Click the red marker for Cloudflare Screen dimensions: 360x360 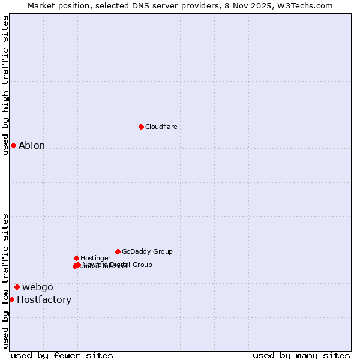(x=141, y=127)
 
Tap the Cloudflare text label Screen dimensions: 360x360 (x=161, y=127)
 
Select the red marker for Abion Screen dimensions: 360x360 (x=13, y=145)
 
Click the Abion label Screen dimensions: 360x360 (x=32, y=145)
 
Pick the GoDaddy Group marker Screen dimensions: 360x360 (x=118, y=251)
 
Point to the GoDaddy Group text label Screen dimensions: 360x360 (x=147, y=251)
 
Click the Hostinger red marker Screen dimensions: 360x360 (x=76, y=258)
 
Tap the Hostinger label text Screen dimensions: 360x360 (x=95, y=258)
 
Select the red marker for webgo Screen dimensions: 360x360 (x=17, y=287)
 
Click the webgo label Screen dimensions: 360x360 (x=38, y=287)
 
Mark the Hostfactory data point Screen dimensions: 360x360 (x=11, y=299)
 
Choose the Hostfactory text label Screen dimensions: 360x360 (x=44, y=299)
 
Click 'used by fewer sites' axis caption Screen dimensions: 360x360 (x=62, y=355)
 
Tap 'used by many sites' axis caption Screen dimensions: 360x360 (x=301, y=355)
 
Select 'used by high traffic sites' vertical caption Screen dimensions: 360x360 (x=5, y=85)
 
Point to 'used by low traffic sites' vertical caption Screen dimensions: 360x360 (x=5, y=280)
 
